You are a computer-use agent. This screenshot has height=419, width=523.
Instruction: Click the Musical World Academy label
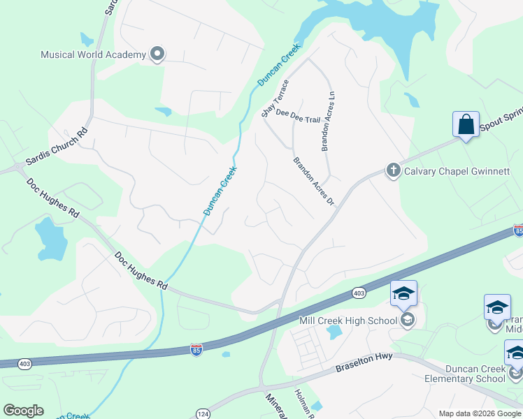click(93, 54)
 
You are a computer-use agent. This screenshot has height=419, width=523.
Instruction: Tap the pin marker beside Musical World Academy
click(157, 54)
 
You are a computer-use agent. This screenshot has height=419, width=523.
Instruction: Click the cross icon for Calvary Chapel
click(393, 170)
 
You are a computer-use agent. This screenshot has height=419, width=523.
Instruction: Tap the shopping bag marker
click(466, 125)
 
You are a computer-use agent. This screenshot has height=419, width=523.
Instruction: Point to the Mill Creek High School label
click(348, 321)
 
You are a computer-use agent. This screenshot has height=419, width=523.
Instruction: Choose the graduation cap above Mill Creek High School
click(403, 295)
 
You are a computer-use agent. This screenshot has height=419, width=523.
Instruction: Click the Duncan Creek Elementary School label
click(465, 374)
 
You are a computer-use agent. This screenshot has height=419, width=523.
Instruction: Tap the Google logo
click(23, 411)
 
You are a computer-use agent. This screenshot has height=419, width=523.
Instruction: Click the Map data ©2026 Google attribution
click(480, 413)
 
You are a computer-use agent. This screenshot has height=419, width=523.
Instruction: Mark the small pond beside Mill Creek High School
click(334, 332)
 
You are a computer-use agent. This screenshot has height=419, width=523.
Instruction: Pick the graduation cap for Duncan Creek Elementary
click(515, 353)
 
